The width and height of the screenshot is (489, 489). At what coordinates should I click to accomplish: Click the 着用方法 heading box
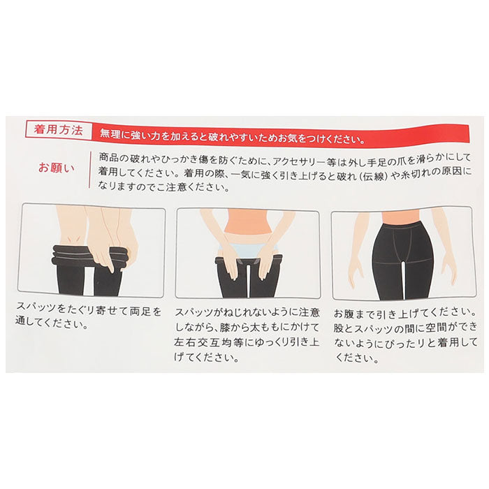(x=59, y=130)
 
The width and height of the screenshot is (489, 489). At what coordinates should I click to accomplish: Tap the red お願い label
(x=57, y=168)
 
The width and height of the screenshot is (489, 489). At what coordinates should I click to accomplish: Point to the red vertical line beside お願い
(x=90, y=170)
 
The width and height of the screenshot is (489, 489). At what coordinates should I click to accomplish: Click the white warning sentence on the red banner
(x=233, y=137)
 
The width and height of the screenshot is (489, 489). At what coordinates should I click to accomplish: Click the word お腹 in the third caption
(x=344, y=313)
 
